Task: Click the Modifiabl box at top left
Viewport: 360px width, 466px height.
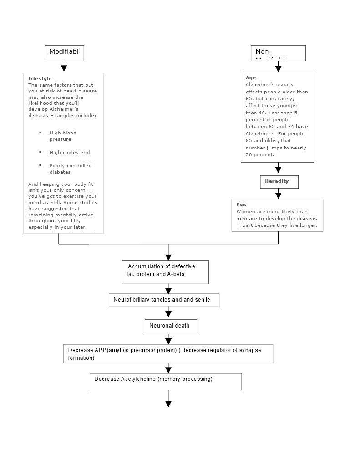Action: point(64,52)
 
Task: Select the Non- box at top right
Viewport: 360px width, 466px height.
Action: point(278,53)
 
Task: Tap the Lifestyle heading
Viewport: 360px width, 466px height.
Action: point(40,78)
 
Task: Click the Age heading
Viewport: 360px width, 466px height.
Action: point(251,77)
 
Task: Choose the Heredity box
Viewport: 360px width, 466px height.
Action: point(279,181)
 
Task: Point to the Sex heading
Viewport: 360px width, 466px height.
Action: point(241,205)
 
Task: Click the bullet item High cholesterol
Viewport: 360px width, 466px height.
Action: point(70,152)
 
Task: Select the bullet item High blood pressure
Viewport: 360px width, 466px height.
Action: point(63,136)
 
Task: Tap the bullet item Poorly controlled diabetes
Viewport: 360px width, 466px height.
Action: point(70,169)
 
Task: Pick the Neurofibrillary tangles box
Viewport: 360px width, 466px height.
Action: point(164,300)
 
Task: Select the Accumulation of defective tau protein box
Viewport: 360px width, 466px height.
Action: point(165,271)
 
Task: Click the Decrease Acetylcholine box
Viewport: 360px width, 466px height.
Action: point(165,381)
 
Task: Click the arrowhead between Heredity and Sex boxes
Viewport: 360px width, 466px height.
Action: point(279,195)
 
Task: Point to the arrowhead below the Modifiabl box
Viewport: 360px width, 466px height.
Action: point(64,68)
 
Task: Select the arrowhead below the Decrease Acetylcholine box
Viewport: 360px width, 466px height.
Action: point(168,404)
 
